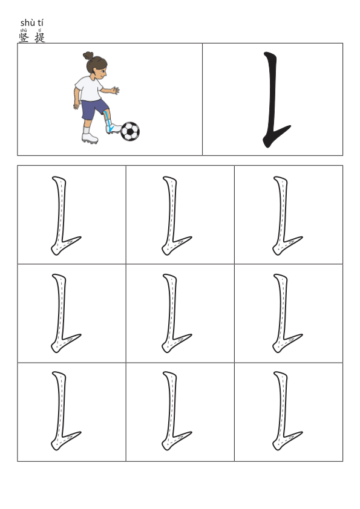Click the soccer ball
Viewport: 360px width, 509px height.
tap(129, 131)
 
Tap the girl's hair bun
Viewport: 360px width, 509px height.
tap(88, 56)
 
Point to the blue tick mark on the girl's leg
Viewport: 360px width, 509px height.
tap(108, 122)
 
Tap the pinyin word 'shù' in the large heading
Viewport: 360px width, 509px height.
tap(26, 23)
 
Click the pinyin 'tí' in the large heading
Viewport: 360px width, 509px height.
tap(40, 23)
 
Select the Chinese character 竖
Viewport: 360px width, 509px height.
tap(24, 37)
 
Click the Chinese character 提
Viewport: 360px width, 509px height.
tap(40, 37)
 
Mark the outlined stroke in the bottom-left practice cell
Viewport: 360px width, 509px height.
tap(59, 410)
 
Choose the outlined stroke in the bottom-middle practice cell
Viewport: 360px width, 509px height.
tap(170, 410)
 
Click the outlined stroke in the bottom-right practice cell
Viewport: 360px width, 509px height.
tap(281, 410)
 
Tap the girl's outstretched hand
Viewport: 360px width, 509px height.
tap(116, 90)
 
